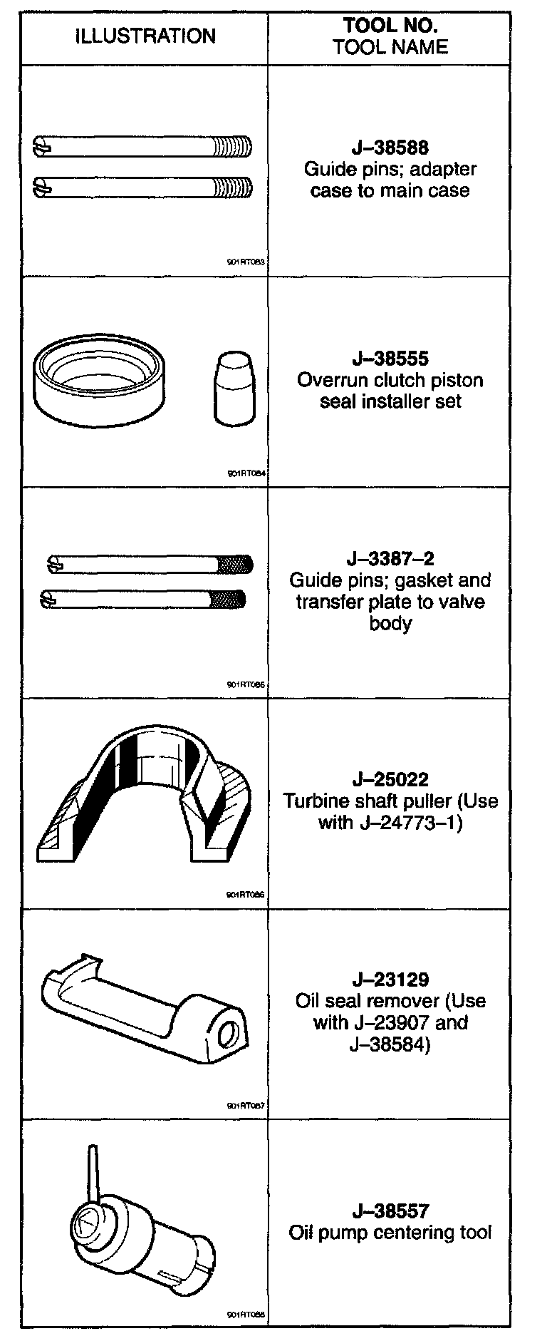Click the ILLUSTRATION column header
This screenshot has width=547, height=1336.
145,36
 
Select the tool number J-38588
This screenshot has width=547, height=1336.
390,148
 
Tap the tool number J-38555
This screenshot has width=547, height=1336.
390,359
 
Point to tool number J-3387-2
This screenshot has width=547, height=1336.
390,559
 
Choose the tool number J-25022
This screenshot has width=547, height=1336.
390,779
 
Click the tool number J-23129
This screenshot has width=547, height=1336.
390,980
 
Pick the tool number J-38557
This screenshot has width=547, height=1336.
390,1211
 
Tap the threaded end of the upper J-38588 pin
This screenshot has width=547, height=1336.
234,148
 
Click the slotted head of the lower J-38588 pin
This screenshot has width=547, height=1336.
43,188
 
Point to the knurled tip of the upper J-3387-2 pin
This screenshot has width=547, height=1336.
236,565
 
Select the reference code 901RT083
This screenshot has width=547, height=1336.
246,262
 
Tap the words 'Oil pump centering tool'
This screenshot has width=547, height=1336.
390,1233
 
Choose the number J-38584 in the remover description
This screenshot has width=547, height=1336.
390,1044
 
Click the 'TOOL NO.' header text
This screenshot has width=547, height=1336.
390,26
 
